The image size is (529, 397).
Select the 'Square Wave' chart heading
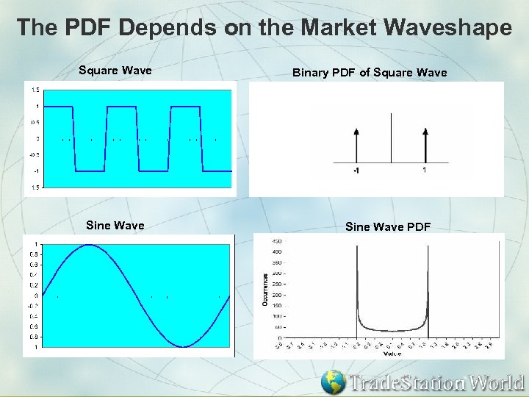tap(115, 71)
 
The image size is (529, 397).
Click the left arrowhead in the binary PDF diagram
tap(356, 132)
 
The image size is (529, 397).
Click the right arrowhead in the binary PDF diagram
tap(425, 132)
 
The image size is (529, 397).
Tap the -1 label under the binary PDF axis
tap(355, 171)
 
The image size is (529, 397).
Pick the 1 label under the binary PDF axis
tap(425, 171)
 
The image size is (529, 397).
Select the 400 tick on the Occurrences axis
tap(277, 251)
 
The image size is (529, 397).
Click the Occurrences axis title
tap(264, 290)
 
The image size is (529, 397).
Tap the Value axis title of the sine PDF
tap(392, 354)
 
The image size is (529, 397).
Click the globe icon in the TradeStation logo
tap(334, 382)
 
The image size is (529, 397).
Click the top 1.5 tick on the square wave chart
tap(35, 90)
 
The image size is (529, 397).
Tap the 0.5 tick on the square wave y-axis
tap(35, 122)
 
